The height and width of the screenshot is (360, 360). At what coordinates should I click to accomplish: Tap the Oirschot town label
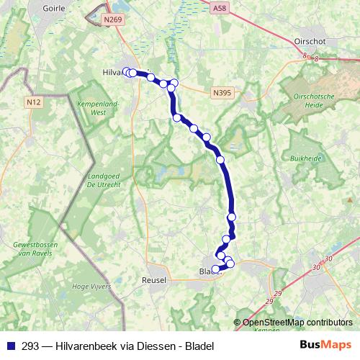point(310,42)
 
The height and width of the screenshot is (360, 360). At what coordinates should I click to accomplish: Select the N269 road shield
point(112,20)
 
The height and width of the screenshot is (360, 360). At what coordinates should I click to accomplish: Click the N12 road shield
point(33,102)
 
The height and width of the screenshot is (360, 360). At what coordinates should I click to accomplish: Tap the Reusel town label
point(155,279)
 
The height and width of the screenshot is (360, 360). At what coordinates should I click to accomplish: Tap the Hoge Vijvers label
point(89,286)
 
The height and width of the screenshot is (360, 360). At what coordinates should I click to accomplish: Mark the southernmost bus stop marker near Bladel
point(215,269)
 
